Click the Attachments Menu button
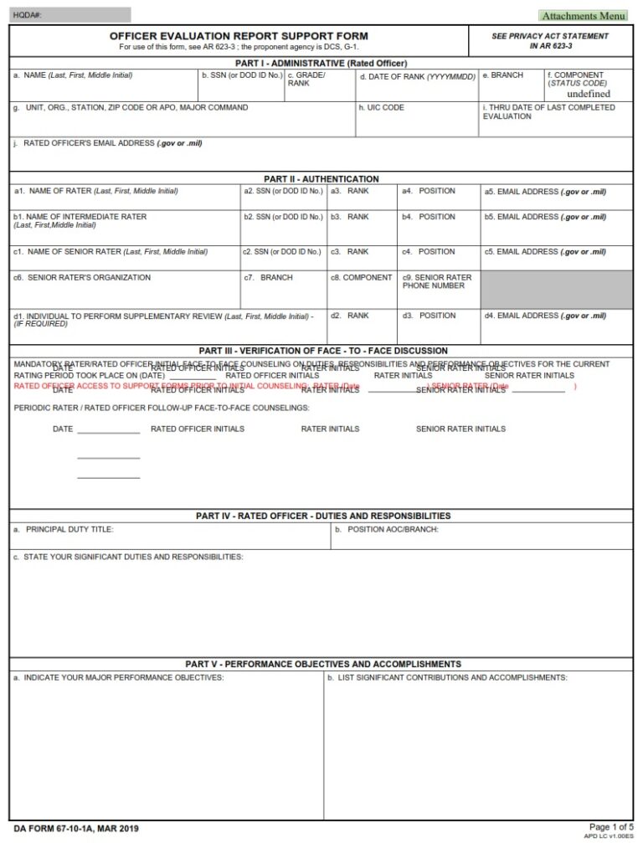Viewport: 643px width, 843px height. (x=584, y=15)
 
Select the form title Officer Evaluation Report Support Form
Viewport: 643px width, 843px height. (x=239, y=36)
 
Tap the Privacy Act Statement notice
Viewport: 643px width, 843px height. (x=550, y=40)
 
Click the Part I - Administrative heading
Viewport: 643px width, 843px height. (x=321, y=63)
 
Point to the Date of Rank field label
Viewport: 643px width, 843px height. (x=418, y=76)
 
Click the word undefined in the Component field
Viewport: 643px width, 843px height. (x=589, y=94)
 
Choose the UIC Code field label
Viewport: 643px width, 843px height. (x=382, y=108)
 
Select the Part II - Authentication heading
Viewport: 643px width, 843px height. (x=321, y=178)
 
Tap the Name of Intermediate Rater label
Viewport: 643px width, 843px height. (x=80, y=220)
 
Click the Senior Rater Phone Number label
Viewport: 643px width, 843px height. (x=436, y=281)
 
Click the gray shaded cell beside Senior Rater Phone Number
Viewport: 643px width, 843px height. (x=556, y=289)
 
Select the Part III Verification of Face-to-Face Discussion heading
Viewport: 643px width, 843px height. (x=322, y=350)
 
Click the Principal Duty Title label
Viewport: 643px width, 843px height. (x=64, y=529)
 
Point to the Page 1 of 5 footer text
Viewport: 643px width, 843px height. (x=611, y=827)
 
